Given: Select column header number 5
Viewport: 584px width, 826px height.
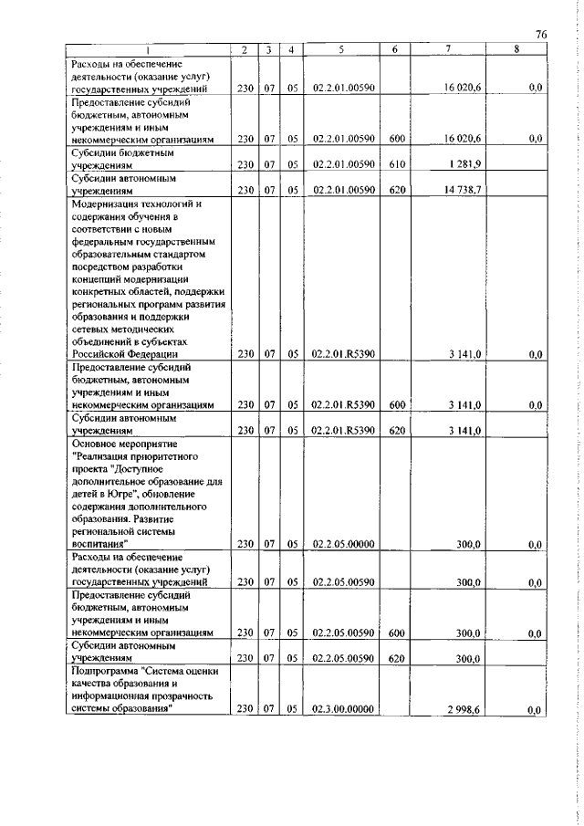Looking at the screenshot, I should click(x=339, y=49).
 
